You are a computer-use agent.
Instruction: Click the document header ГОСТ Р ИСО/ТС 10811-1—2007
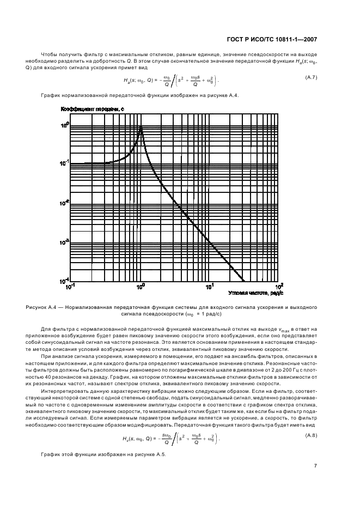point(271,39)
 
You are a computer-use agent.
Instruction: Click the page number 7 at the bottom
point(315,466)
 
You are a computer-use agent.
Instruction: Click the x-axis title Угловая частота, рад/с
point(253,293)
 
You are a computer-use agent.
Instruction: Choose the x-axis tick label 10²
point(279,286)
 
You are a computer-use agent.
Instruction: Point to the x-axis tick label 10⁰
point(141,287)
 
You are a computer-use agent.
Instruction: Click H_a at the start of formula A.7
point(127,81)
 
